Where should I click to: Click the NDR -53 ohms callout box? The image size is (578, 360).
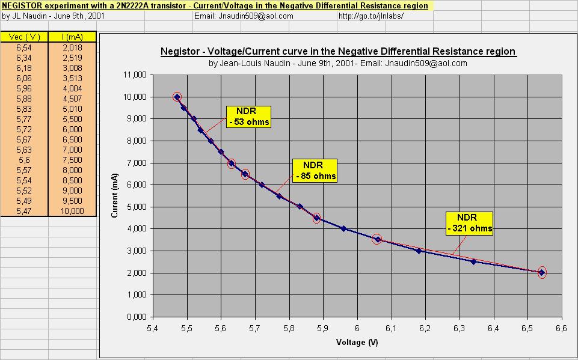(249, 117)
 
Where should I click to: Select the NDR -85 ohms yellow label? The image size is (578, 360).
(315, 170)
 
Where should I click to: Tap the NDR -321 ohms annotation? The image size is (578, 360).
(470, 223)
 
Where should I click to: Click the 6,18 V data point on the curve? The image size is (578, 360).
(419, 251)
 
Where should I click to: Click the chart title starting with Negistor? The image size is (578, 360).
(338, 51)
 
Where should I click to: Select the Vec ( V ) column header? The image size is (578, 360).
(24, 37)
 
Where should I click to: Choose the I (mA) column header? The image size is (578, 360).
(72, 37)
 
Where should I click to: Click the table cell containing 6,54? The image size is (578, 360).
(24, 47)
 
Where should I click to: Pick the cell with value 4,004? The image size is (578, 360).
(72, 88)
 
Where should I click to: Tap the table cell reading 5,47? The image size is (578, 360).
(24, 210)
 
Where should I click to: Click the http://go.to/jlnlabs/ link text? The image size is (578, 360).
(371, 16)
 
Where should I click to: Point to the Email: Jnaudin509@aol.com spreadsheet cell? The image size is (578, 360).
(244, 16)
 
